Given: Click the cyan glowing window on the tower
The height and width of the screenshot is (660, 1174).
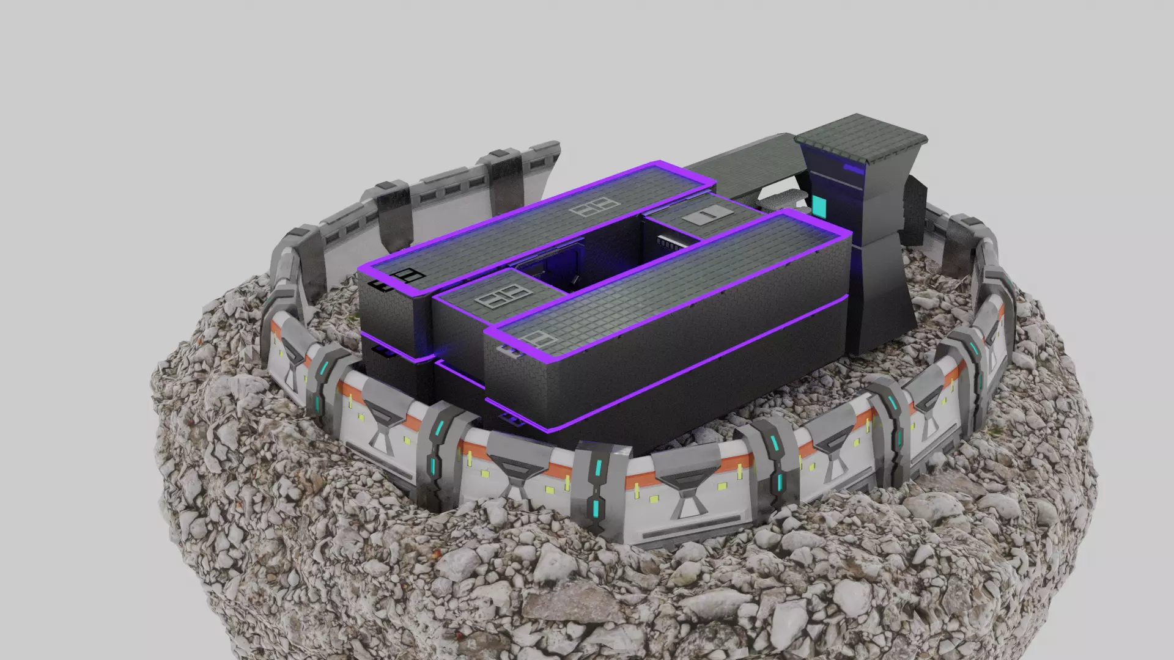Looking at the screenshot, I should click(x=819, y=207).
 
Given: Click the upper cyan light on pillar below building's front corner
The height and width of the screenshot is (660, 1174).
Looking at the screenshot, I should click(x=438, y=431).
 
